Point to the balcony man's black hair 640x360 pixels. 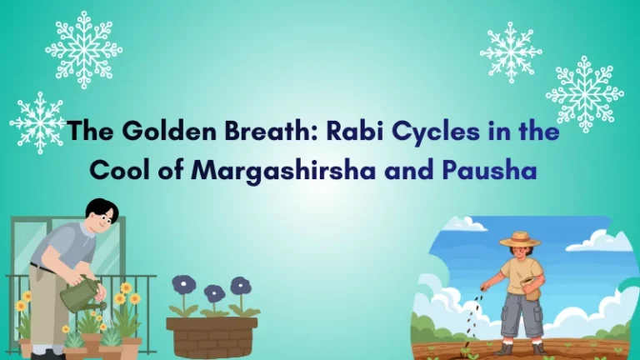click(102, 208)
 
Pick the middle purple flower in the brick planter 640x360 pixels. click(214, 293)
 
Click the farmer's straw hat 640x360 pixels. click(519, 239)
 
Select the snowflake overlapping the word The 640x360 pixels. click(37, 122)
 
